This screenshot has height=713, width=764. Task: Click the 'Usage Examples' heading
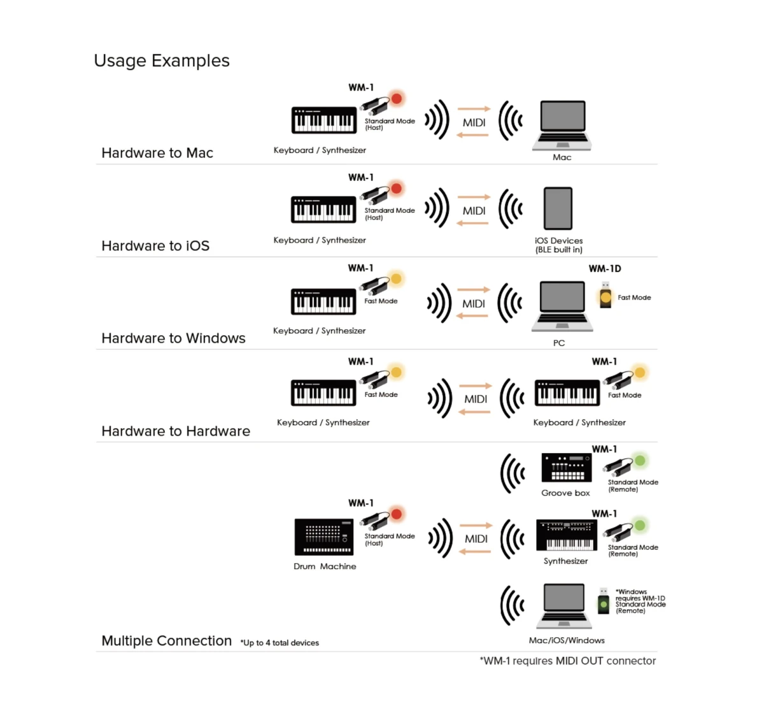(x=162, y=61)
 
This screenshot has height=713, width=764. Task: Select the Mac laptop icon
(x=562, y=124)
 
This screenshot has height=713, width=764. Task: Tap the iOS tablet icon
(x=558, y=208)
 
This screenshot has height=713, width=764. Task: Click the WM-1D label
(x=605, y=269)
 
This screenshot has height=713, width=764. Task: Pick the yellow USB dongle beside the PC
(x=605, y=296)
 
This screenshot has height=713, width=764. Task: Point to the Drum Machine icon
(x=324, y=537)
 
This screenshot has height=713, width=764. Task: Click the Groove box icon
(x=566, y=468)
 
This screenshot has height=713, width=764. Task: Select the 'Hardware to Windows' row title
(x=173, y=338)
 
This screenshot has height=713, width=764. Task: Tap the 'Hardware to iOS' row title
(x=155, y=246)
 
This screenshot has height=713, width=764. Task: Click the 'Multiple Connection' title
(x=167, y=641)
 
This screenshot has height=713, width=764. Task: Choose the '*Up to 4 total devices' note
(x=279, y=643)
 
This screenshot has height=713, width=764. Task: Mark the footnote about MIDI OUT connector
(x=567, y=661)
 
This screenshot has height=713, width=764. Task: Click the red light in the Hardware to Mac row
(x=397, y=99)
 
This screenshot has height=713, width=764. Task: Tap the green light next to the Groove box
(x=640, y=461)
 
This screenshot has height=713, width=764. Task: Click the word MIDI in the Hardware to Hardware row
(x=476, y=399)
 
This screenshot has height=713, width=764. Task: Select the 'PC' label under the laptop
(x=559, y=343)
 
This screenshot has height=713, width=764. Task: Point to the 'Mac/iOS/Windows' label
(x=567, y=640)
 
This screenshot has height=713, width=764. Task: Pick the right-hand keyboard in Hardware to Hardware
(x=567, y=393)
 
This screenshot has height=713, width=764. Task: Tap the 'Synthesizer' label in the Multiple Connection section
(x=566, y=561)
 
